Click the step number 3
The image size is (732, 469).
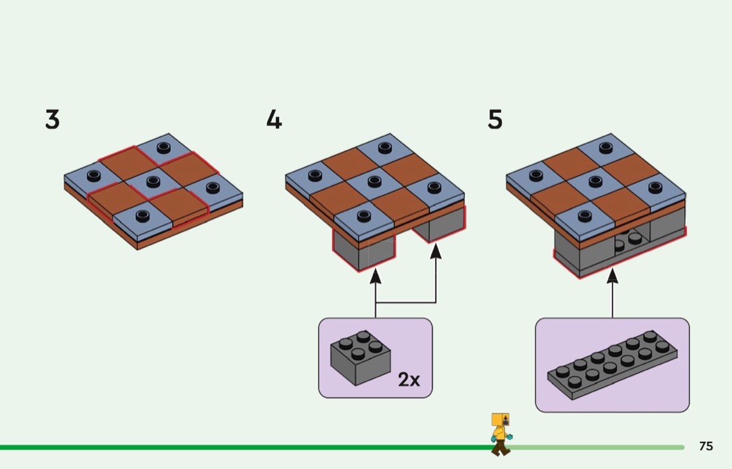(52, 120)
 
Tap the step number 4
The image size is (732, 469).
(274, 120)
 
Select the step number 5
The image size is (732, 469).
(495, 120)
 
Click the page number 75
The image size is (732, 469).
(706, 446)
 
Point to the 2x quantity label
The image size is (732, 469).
(409, 380)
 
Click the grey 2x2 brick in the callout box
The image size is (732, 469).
(360, 357)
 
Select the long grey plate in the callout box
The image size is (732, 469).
(611, 364)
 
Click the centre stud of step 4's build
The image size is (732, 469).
(374, 182)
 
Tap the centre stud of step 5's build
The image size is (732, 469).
(595, 182)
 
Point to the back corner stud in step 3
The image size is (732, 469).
(164, 147)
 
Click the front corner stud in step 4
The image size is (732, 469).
(363, 215)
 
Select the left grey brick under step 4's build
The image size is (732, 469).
(364, 250)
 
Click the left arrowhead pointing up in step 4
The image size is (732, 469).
(376, 276)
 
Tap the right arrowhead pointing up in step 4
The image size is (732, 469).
(436, 250)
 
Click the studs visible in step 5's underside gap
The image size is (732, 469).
(630, 240)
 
